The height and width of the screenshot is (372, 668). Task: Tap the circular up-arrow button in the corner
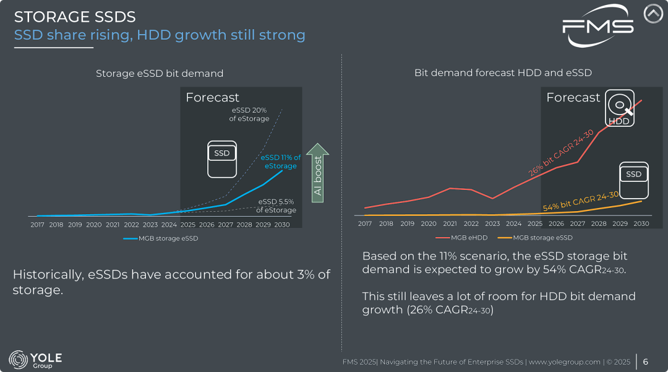pos(653,14)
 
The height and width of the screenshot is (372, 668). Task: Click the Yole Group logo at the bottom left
pos(35,360)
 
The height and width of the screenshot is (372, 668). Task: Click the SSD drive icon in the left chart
pos(222,159)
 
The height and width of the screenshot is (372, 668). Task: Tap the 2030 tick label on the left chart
pos(282,225)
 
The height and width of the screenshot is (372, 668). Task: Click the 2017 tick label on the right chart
pos(365,224)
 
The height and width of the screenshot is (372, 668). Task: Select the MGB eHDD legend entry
pos(461,238)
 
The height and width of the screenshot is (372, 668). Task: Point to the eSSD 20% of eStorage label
pos(249,115)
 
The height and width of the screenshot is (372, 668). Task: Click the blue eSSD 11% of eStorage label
pos(281,162)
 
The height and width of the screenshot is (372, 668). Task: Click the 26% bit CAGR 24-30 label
pos(561,152)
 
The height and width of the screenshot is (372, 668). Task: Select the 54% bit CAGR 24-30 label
pos(580,201)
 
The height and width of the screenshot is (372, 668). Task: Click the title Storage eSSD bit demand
pos(160,73)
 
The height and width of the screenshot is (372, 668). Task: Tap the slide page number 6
pos(646,361)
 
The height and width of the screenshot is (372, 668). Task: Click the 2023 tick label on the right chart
pos(492,224)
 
